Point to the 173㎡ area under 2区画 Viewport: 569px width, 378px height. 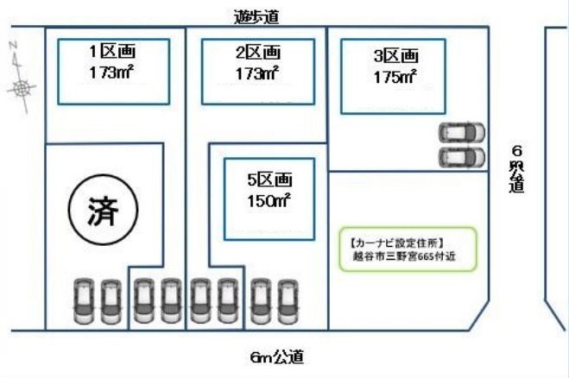click(x=258, y=74)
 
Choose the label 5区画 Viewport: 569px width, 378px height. click(x=269, y=180)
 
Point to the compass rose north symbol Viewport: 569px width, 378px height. click(x=23, y=85)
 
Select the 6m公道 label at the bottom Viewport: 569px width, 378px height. click(x=276, y=356)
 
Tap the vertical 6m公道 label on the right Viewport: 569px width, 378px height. click(x=516, y=169)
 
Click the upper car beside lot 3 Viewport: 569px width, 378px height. click(x=462, y=133)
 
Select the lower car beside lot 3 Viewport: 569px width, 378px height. click(x=462, y=158)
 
